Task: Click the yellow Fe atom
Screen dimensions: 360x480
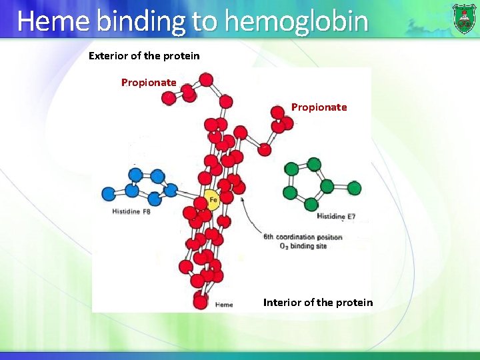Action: point(211,201)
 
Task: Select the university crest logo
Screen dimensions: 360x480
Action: point(464,18)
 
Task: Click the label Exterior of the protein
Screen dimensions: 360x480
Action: point(144,56)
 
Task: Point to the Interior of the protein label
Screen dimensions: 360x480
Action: point(318,303)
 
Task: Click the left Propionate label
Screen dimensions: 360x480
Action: point(149,83)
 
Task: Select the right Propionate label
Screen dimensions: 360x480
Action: point(319,107)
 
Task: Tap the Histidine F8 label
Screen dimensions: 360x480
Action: point(131,212)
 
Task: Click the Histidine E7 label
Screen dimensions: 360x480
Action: point(336,217)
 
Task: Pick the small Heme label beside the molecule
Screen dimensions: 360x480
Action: point(224,305)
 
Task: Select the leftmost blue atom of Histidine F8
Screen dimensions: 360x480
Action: point(109,194)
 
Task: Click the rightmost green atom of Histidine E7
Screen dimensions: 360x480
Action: point(354,188)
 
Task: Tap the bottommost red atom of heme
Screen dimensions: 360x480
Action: point(200,301)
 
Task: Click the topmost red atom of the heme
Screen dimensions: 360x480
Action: point(207,79)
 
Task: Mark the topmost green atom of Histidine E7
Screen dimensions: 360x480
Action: point(314,164)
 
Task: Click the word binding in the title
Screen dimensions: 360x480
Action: point(141,21)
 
